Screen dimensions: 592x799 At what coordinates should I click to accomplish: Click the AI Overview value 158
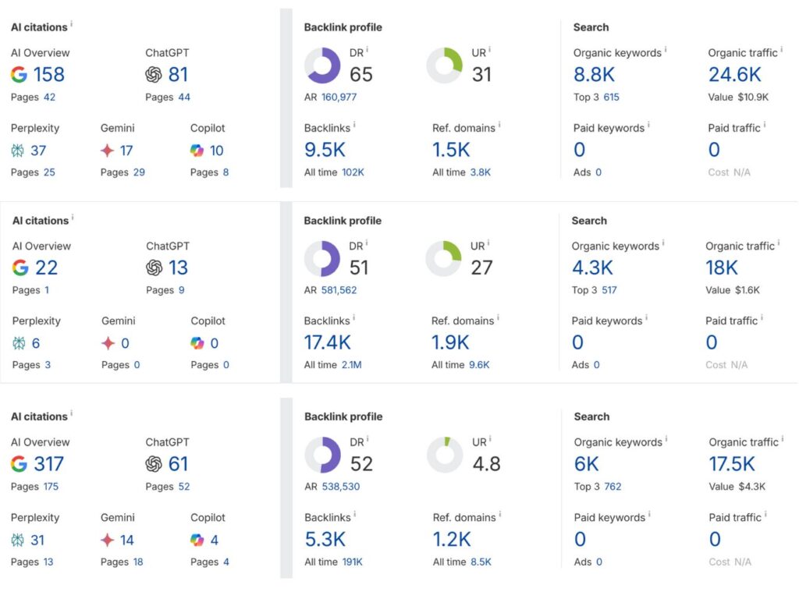(x=48, y=75)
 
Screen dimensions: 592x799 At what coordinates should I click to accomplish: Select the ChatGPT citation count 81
(x=178, y=75)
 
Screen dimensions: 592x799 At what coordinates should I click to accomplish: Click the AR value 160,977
(x=344, y=97)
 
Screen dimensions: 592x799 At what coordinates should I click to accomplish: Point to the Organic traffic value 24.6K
(x=734, y=75)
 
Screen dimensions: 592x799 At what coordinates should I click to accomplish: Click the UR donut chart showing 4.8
(x=445, y=456)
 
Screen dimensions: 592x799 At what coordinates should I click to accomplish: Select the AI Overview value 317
(x=48, y=464)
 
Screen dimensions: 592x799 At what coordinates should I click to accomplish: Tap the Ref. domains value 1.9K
(x=450, y=342)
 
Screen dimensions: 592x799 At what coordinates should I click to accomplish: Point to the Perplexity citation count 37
(x=38, y=151)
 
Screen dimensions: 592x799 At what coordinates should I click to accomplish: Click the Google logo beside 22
(x=21, y=268)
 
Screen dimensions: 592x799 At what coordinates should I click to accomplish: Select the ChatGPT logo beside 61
(x=154, y=464)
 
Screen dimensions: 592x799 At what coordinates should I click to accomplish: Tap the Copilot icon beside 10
(x=197, y=151)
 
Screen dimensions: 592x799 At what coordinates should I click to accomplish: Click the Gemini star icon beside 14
(x=108, y=540)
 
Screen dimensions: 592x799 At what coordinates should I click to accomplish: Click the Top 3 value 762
(x=613, y=487)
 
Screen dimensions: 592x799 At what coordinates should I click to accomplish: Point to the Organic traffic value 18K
(x=722, y=268)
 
